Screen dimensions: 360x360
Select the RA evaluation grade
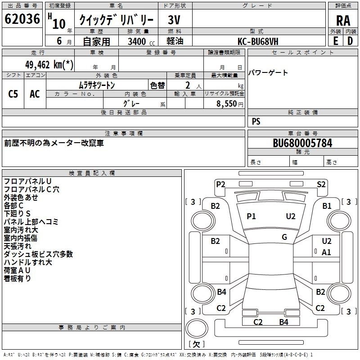(x=343, y=21)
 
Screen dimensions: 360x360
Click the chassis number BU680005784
(x=302, y=143)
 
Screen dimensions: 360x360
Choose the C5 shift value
(x=13, y=94)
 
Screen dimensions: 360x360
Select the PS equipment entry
(x=256, y=121)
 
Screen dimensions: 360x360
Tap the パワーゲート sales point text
(x=268, y=73)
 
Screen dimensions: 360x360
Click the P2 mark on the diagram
(x=220, y=184)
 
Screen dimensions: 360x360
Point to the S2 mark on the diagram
(x=321, y=184)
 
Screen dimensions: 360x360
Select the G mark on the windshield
(x=284, y=237)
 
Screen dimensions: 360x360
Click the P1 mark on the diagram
(x=251, y=216)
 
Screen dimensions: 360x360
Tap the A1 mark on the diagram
(x=327, y=252)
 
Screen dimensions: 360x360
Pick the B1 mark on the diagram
(x=327, y=206)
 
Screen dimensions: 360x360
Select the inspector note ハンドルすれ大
(x=27, y=262)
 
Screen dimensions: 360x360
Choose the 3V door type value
(x=175, y=20)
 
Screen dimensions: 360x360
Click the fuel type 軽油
(x=175, y=41)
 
